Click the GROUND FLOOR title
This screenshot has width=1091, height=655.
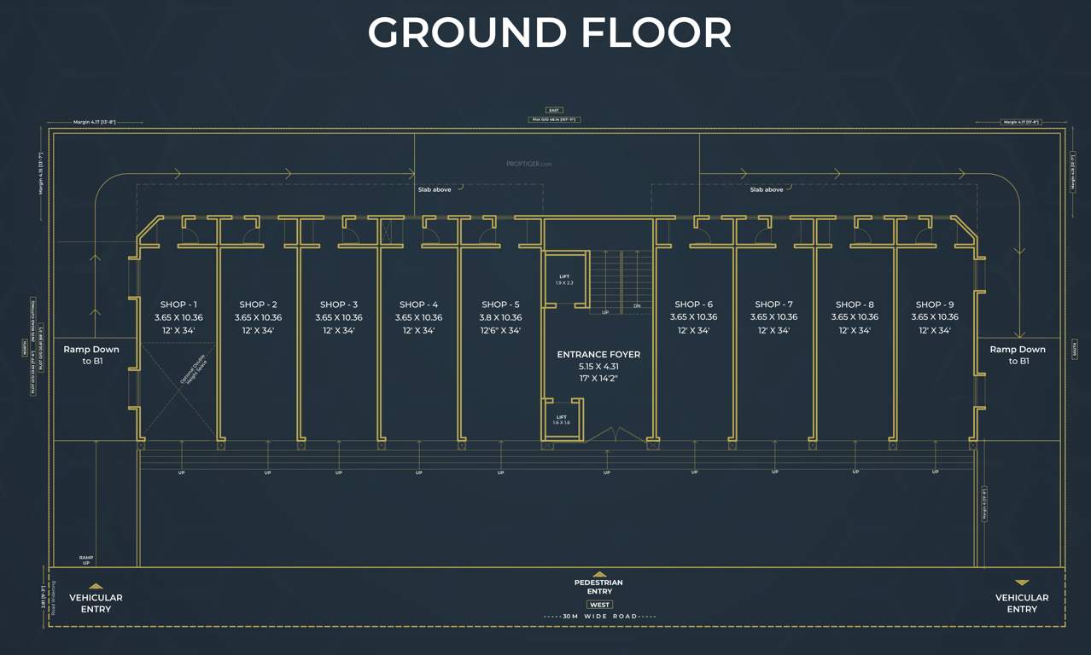pyautogui.click(x=549, y=33)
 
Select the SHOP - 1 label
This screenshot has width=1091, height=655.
pyautogui.click(x=178, y=304)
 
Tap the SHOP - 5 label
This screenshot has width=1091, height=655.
pyautogui.click(x=500, y=304)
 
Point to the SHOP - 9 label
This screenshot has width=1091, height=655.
pyautogui.click(x=934, y=304)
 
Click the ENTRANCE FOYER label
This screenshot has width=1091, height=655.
pyautogui.click(x=598, y=354)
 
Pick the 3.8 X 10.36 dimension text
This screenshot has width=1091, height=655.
pyautogui.click(x=500, y=317)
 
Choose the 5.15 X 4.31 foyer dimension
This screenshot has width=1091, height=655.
pyautogui.click(x=598, y=366)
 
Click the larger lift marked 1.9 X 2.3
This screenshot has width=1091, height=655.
pyautogui.click(x=565, y=279)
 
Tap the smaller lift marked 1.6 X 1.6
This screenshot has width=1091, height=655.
pyautogui.click(x=562, y=420)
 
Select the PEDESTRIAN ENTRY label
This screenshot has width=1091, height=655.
pyautogui.click(x=599, y=587)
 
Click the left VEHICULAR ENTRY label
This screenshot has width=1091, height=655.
pyautogui.click(x=96, y=603)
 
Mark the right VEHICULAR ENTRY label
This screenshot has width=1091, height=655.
pyautogui.click(x=1021, y=603)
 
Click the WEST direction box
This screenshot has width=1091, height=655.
pyautogui.click(x=599, y=605)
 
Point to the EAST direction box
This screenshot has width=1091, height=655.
pyautogui.click(x=554, y=110)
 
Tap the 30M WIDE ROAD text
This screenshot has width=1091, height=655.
pyautogui.click(x=599, y=616)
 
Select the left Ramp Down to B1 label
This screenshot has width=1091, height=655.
pyautogui.click(x=91, y=355)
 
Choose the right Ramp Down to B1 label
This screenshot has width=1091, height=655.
pyautogui.click(x=1017, y=355)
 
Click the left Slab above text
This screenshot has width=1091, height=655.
pyautogui.click(x=435, y=189)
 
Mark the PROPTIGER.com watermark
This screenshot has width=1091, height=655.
pyautogui.click(x=529, y=164)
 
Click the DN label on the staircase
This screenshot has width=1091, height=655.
pyautogui.click(x=637, y=305)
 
